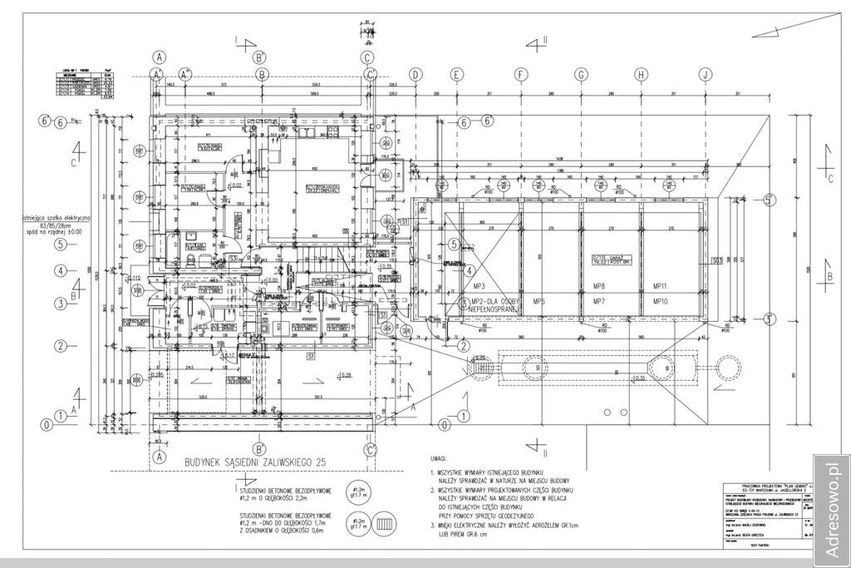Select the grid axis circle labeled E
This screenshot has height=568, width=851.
(x=456, y=74)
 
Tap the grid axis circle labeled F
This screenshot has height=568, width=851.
(x=520, y=74)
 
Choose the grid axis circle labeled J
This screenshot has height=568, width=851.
(x=705, y=74)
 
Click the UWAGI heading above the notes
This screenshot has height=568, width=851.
(x=438, y=457)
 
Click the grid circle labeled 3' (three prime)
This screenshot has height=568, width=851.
(x=770, y=319)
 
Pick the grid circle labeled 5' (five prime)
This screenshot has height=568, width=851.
(x=770, y=200)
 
